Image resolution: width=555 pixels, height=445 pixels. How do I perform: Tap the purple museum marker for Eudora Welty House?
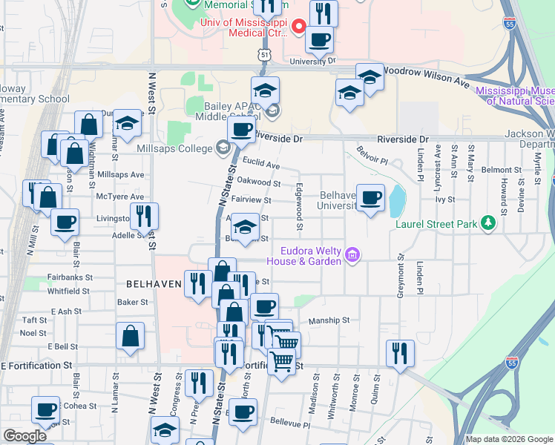[352, 256]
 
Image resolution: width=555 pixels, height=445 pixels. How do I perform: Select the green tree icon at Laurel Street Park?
[488, 222]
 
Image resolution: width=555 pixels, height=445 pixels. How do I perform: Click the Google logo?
[24, 436]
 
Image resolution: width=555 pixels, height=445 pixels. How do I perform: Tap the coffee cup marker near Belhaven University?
[370, 197]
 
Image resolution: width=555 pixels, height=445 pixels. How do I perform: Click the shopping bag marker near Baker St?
[131, 335]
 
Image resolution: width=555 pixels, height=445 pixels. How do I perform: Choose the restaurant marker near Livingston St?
[144, 216]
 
